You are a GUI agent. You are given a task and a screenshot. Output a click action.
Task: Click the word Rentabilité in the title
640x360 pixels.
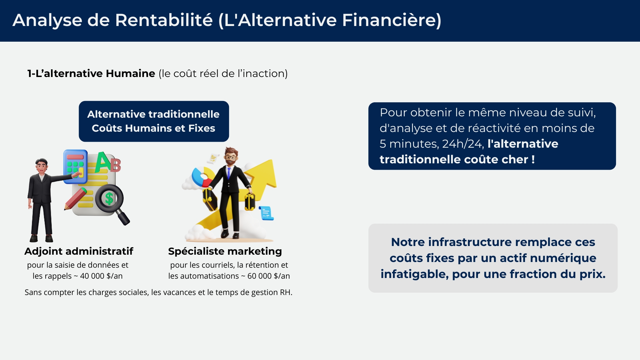pyautogui.click(x=164, y=20)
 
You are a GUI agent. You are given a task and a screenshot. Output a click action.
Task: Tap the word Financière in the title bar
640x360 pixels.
pyautogui.click(x=389, y=20)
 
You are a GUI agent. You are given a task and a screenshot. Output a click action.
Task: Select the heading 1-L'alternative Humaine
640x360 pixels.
pyautogui.click(x=91, y=73)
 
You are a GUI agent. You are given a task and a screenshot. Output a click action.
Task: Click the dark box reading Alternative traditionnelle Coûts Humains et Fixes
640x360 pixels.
pyautogui.click(x=154, y=121)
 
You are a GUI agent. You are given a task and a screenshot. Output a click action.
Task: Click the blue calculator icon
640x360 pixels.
pyautogui.click(x=75, y=166)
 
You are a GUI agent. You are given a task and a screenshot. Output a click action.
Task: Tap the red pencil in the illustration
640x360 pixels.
pyautogui.click(x=75, y=199)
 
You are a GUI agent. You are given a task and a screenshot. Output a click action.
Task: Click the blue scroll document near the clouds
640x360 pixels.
pyautogui.click(x=266, y=213)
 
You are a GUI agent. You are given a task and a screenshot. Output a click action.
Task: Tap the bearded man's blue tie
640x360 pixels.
pyautogui.click(x=229, y=173)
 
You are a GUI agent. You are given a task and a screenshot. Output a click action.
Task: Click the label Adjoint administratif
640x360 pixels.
pyautogui.click(x=79, y=251)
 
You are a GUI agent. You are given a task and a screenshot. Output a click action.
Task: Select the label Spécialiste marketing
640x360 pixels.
pyautogui.click(x=225, y=251)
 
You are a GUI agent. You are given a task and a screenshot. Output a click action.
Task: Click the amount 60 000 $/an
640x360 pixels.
pyautogui.click(x=269, y=276)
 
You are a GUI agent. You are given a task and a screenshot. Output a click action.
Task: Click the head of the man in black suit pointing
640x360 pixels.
pyautogui.click(x=42, y=165)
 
